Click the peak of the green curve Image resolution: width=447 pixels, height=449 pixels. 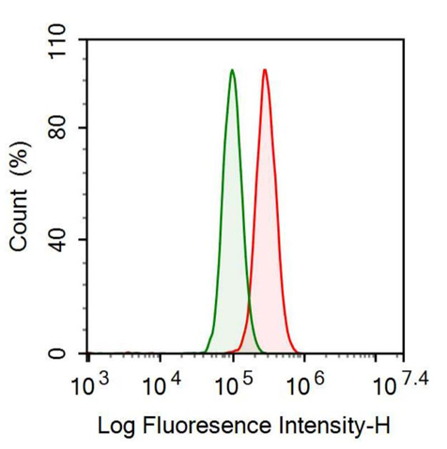(232, 70)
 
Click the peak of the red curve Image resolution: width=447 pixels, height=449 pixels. (265, 70)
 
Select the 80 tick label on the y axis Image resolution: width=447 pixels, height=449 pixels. (63, 127)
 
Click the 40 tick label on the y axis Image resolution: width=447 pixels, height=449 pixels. (63, 240)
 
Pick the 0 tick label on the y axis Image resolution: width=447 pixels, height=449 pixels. (69, 353)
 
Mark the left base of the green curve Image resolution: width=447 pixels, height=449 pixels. (204, 352)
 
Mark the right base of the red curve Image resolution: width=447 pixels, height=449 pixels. (299, 352)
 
